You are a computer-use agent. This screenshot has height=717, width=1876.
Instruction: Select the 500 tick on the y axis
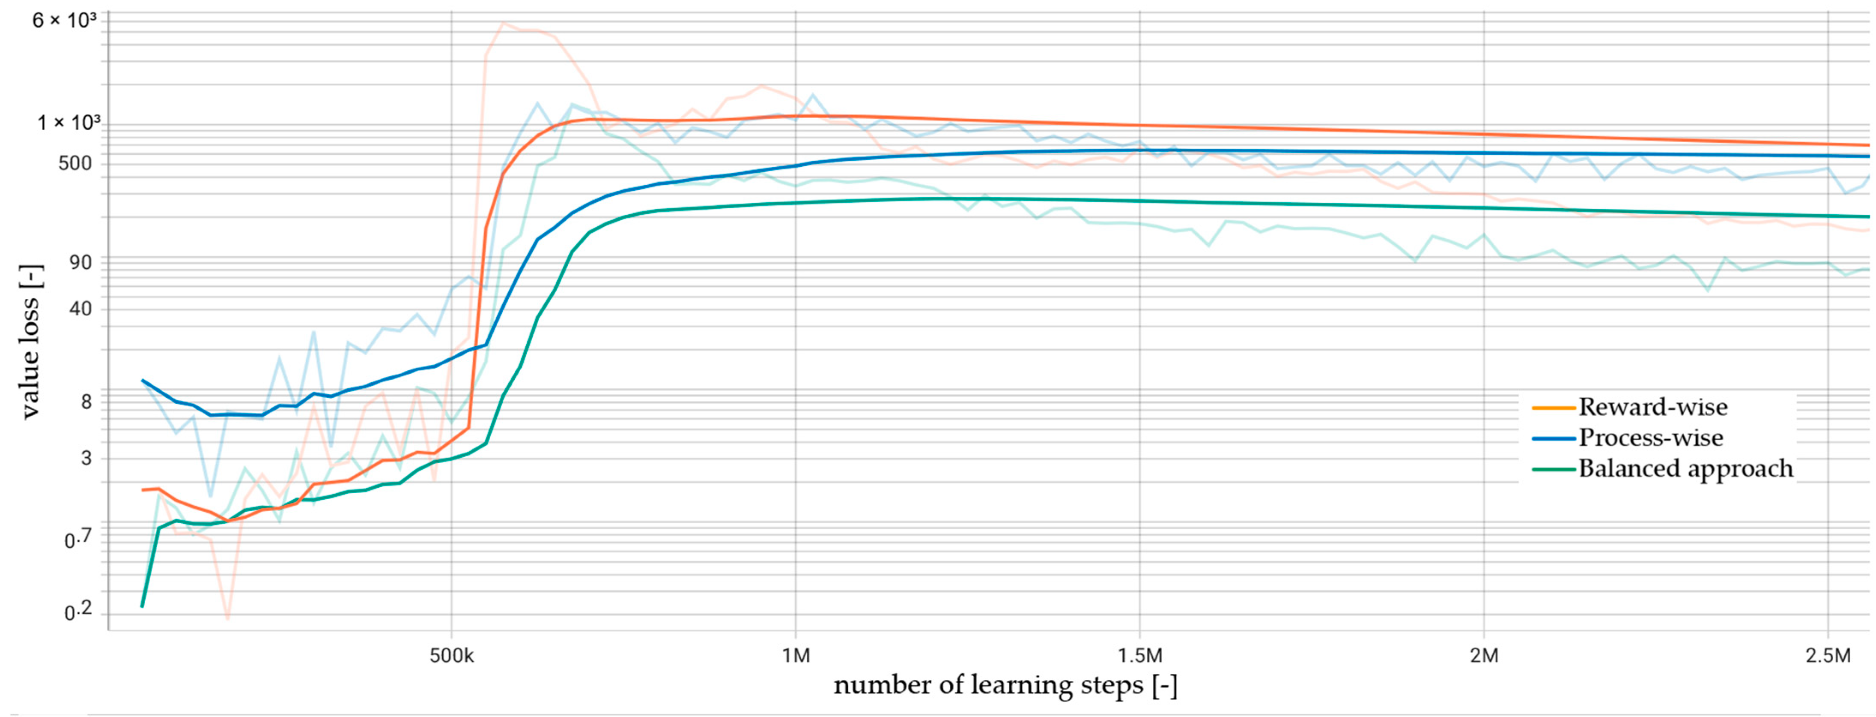point(75,163)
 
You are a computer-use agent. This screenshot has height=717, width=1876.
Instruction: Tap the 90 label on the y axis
point(80,262)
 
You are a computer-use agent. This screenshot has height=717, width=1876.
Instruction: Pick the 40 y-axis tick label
point(80,309)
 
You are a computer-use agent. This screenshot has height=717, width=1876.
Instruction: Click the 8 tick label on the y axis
point(86,402)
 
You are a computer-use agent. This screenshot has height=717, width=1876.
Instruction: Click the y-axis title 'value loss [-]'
point(30,342)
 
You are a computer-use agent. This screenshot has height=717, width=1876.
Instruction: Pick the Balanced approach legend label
point(1685,468)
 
